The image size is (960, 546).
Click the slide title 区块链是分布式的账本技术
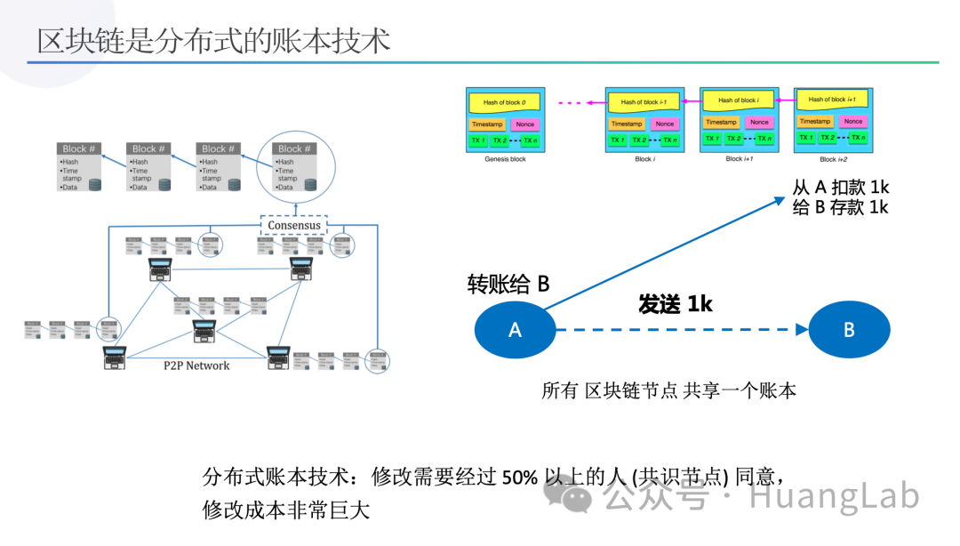(213, 40)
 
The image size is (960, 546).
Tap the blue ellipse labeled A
(515, 330)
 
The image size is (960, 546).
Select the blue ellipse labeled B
(848, 330)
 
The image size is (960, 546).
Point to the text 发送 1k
(676, 304)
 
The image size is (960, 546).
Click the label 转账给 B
(508, 284)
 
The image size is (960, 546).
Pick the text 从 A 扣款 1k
(840, 188)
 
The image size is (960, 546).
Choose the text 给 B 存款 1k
(840, 207)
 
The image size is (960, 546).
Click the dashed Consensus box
(293, 225)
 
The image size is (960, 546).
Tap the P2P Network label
(196, 365)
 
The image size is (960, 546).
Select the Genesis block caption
(505, 159)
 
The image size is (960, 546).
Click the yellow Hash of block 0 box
(504, 102)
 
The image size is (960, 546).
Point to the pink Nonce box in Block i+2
(852, 121)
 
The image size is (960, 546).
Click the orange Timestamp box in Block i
(626, 124)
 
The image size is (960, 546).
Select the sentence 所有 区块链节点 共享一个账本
(668, 390)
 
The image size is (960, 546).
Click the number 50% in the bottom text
(520, 477)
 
